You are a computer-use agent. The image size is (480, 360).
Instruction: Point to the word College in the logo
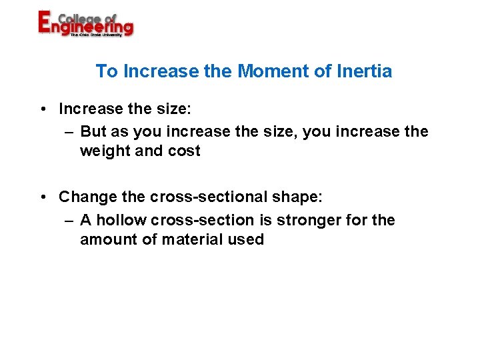pos(80,17)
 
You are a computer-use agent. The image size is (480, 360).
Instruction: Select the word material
pos(193,239)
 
